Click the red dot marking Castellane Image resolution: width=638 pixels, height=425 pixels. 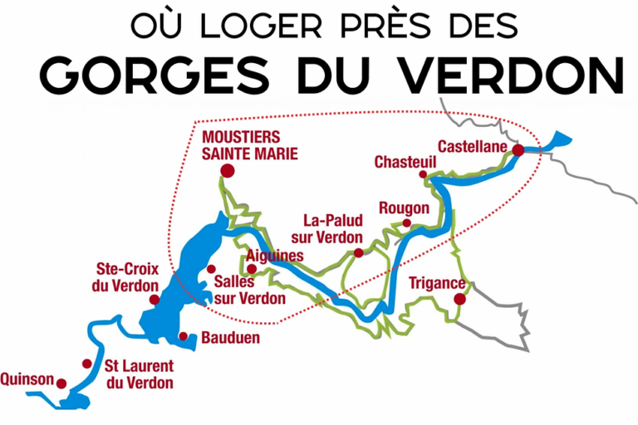tap(518, 150)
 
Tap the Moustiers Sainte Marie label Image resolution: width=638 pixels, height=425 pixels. tap(238, 144)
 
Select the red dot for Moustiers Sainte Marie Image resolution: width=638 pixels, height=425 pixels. tap(227, 171)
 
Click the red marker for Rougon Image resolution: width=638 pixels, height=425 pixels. tap(406, 223)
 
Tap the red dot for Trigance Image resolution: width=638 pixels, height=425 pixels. tap(459, 299)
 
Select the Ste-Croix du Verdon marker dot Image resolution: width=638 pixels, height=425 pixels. tap(154, 300)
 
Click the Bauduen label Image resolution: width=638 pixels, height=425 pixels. tap(230, 338)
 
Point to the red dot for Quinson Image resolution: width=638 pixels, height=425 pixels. tap(61, 383)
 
